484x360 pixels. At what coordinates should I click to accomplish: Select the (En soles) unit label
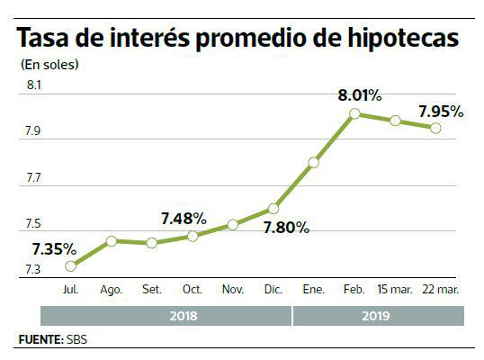coord(49,64)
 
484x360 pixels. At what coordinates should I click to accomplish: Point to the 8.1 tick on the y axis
coord(34,85)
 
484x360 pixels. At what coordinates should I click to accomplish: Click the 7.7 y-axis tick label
coord(34,178)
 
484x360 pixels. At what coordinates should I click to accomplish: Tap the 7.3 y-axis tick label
coord(34,270)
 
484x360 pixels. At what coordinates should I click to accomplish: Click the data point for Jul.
coord(71,265)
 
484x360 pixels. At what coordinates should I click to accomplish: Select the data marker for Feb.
coord(354,113)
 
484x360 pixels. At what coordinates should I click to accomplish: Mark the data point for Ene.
coord(313,163)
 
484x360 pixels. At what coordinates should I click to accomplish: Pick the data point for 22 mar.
coord(435,128)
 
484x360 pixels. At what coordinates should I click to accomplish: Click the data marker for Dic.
coord(272,209)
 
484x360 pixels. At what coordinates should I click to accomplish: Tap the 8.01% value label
coord(360,94)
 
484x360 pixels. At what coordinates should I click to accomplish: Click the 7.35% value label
coord(54,248)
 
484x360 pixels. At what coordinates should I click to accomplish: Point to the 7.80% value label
coord(286,228)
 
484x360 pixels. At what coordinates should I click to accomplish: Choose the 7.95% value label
coord(441,112)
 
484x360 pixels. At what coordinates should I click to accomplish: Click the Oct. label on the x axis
coord(192,291)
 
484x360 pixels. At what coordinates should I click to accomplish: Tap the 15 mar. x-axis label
coord(394,291)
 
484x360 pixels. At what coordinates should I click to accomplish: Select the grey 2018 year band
coord(166,317)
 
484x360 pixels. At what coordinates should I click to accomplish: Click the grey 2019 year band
coord(379,317)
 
